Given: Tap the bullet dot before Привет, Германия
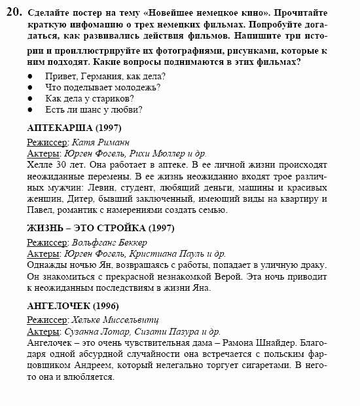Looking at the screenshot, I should pyautogui.click(x=31, y=76).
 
